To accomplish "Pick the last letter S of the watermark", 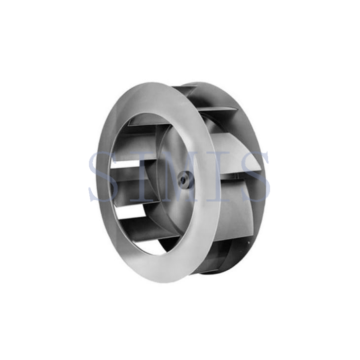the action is pos(256,177).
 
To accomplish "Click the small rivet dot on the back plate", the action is pos(248,243).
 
